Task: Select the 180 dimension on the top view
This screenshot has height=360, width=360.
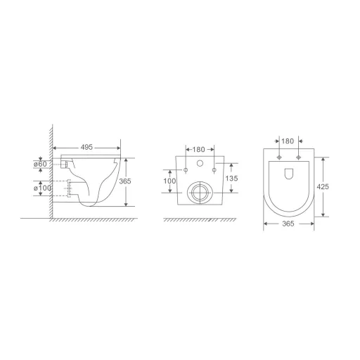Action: coord(288,141)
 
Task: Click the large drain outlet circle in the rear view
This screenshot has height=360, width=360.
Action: coord(199,191)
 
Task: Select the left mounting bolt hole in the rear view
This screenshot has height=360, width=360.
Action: coord(186,171)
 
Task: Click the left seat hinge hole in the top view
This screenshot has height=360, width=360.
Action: coord(279,156)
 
